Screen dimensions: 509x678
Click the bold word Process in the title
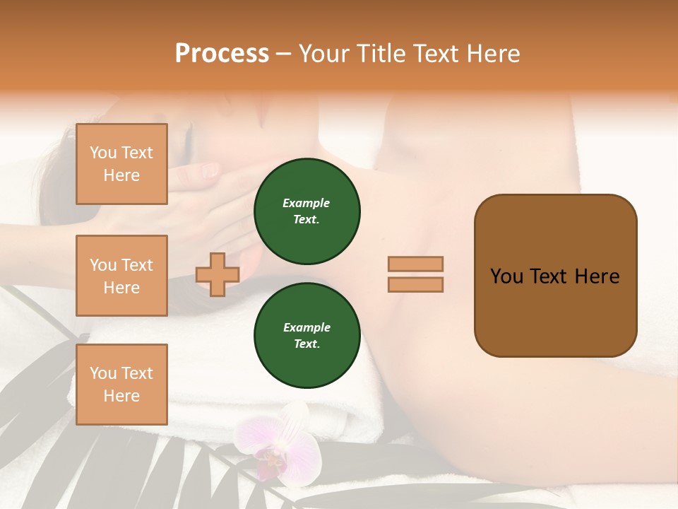tap(222, 54)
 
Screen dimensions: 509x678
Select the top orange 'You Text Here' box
tap(121, 164)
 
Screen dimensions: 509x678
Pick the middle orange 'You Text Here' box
tap(121, 276)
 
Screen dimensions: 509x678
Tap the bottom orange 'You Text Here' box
tap(121, 385)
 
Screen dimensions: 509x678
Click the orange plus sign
tap(218, 274)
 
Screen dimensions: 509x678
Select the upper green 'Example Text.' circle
tap(307, 211)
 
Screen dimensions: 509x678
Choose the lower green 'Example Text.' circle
tap(307, 336)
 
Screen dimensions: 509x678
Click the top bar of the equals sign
tap(415, 264)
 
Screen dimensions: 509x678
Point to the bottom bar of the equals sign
tap(415, 285)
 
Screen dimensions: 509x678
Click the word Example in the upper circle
tap(307, 203)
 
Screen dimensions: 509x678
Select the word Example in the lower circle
tap(307, 327)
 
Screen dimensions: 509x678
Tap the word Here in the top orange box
tap(121, 175)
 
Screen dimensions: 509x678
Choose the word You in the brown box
tap(506, 276)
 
